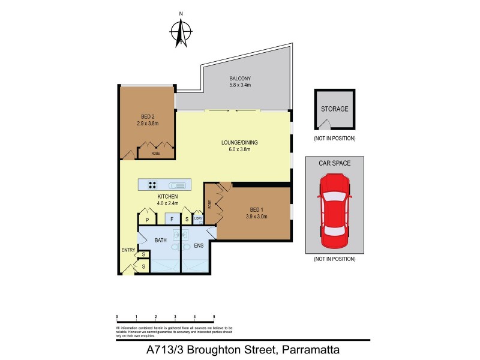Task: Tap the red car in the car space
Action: (x=335, y=211)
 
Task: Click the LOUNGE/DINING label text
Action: (x=239, y=142)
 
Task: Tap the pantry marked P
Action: (x=148, y=220)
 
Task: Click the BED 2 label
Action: (x=148, y=116)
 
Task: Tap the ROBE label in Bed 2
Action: (x=155, y=154)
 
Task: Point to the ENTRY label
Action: (x=128, y=250)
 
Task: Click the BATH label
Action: (x=161, y=240)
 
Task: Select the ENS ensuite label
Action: (x=199, y=245)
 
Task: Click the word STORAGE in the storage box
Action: (x=334, y=109)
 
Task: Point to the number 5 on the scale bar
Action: (x=214, y=316)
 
